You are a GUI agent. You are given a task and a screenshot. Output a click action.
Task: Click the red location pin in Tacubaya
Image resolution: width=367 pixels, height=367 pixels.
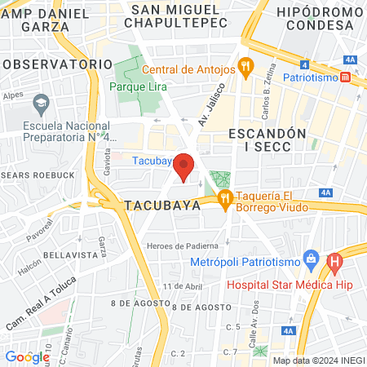click(184, 166)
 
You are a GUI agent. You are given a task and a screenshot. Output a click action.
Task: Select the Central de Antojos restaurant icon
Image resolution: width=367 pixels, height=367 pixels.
click(243, 65)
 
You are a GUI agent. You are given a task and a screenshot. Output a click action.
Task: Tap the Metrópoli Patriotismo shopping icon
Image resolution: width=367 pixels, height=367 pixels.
click(310, 260)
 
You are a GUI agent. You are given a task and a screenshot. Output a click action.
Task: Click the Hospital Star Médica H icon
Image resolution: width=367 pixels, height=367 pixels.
click(334, 263)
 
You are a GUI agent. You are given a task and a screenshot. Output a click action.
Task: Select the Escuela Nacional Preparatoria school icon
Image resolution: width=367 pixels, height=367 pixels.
click(41, 104)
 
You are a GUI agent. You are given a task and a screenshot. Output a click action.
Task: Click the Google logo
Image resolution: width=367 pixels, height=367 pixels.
click(27, 356)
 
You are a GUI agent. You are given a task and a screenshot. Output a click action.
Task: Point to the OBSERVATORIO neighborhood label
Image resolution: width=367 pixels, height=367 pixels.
click(56, 64)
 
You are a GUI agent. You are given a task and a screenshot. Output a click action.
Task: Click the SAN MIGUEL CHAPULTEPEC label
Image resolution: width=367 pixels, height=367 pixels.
click(175, 15)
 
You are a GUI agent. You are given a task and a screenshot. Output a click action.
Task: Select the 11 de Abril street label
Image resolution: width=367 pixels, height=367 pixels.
click(182, 286)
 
